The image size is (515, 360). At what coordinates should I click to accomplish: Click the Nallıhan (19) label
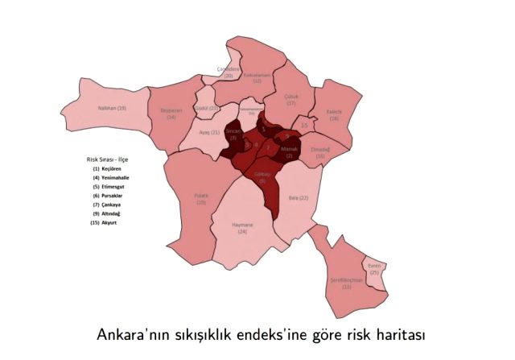click(111, 107)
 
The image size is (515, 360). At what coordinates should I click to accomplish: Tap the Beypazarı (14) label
click(171, 114)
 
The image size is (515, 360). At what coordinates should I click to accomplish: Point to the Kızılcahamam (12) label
click(257, 78)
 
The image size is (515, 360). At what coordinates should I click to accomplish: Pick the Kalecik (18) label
click(334, 115)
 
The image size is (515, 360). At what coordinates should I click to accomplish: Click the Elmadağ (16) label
click(320, 151)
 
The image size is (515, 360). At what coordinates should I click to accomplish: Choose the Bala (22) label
click(303, 197)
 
